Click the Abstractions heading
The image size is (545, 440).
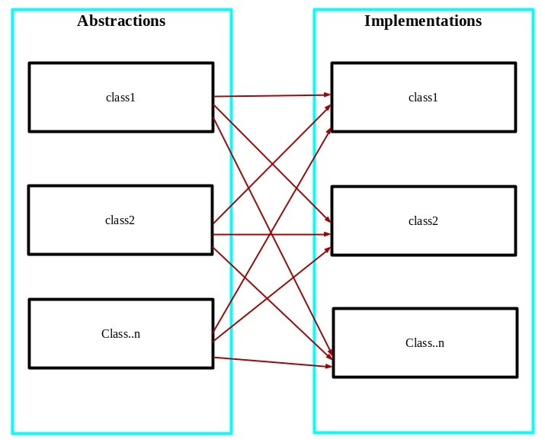click(121, 21)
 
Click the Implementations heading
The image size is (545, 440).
click(422, 21)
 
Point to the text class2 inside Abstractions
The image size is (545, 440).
click(120, 220)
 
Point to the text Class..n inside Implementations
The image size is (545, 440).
click(425, 343)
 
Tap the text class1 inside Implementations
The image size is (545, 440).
click(423, 98)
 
